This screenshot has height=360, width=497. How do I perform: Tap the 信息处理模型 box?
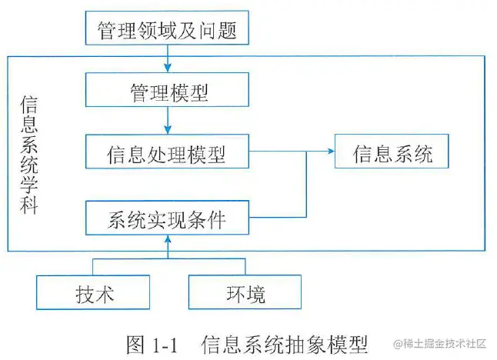tap(167, 153)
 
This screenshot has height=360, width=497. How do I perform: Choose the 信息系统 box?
tap(392, 153)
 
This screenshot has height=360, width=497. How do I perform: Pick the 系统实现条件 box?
tap(167, 218)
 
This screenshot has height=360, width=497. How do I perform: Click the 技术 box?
tap(92, 293)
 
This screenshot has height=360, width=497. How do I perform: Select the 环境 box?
tap(245, 293)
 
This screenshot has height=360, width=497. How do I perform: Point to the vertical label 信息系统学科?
tap(28, 154)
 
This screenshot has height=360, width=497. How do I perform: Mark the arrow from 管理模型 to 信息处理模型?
tap(167, 122)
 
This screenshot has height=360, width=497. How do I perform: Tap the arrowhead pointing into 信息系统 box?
tap(330, 153)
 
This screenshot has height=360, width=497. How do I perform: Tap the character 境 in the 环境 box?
tap(256, 293)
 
